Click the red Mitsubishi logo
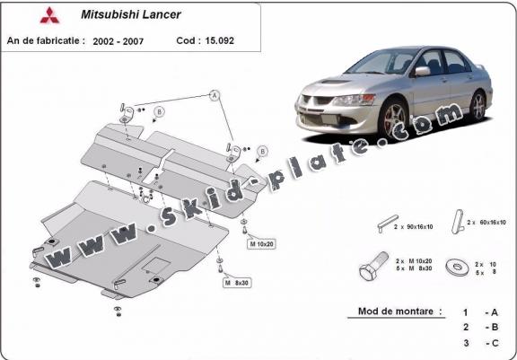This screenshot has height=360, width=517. pos(49,15)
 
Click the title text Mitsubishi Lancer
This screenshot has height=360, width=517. pos(131,14)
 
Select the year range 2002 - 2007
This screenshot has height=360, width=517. pos(118,41)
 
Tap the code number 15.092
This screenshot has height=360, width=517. pos(219,40)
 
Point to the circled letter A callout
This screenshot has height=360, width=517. pos(215,95)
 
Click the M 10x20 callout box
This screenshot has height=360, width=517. pos(261,244)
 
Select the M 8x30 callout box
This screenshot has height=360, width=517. pos(237,283)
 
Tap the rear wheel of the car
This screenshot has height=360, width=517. pos(478,106)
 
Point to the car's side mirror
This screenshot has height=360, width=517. pos(423,71)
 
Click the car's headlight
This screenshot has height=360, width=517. pos(355,100)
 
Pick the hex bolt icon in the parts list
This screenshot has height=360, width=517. pos(374,266)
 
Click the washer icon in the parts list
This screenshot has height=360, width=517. pos(458,267)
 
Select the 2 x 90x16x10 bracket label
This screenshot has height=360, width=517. pos(413,227)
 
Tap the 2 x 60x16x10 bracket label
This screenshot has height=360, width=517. pos(486,223)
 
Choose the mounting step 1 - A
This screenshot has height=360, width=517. pos(480,312)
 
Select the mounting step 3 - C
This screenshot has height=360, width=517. pos(480,343)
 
